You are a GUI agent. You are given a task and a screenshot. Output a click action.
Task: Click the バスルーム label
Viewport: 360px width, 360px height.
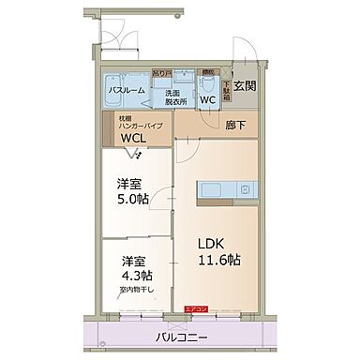[x=125, y=91]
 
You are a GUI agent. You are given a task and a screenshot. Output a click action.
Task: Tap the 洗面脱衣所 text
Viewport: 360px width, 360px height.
[x=176, y=97]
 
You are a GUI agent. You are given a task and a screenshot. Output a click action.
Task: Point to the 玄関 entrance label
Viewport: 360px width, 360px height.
[x=245, y=87]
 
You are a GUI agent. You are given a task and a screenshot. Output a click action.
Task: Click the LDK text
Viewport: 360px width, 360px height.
[x=210, y=243]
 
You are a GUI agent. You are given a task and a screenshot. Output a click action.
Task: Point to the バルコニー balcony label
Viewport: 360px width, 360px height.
[x=183, y=338]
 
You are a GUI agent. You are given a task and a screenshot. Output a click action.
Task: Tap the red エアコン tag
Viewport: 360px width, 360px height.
[x=196, y=308]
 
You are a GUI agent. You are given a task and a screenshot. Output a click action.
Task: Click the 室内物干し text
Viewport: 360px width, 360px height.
[x=136, y=291]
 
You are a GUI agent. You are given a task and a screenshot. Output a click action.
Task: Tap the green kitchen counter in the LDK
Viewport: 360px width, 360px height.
[x=225, y=191]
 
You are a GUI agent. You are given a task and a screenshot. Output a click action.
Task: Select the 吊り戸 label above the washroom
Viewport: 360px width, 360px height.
[x=161, y=72]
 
